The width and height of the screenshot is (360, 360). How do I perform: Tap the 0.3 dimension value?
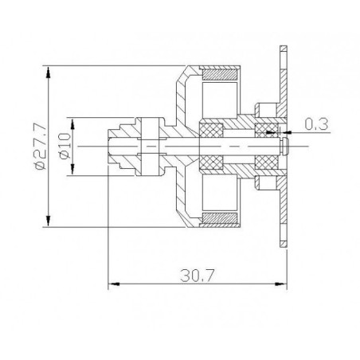click(317, 123)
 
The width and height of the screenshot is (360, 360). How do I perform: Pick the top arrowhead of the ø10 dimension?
click(73, 120)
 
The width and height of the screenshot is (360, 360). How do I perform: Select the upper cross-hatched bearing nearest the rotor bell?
click(211, 127)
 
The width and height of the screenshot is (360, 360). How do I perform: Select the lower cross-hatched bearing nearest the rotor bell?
click(211, 163)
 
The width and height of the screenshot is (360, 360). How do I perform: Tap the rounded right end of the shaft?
click(285, 145)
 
